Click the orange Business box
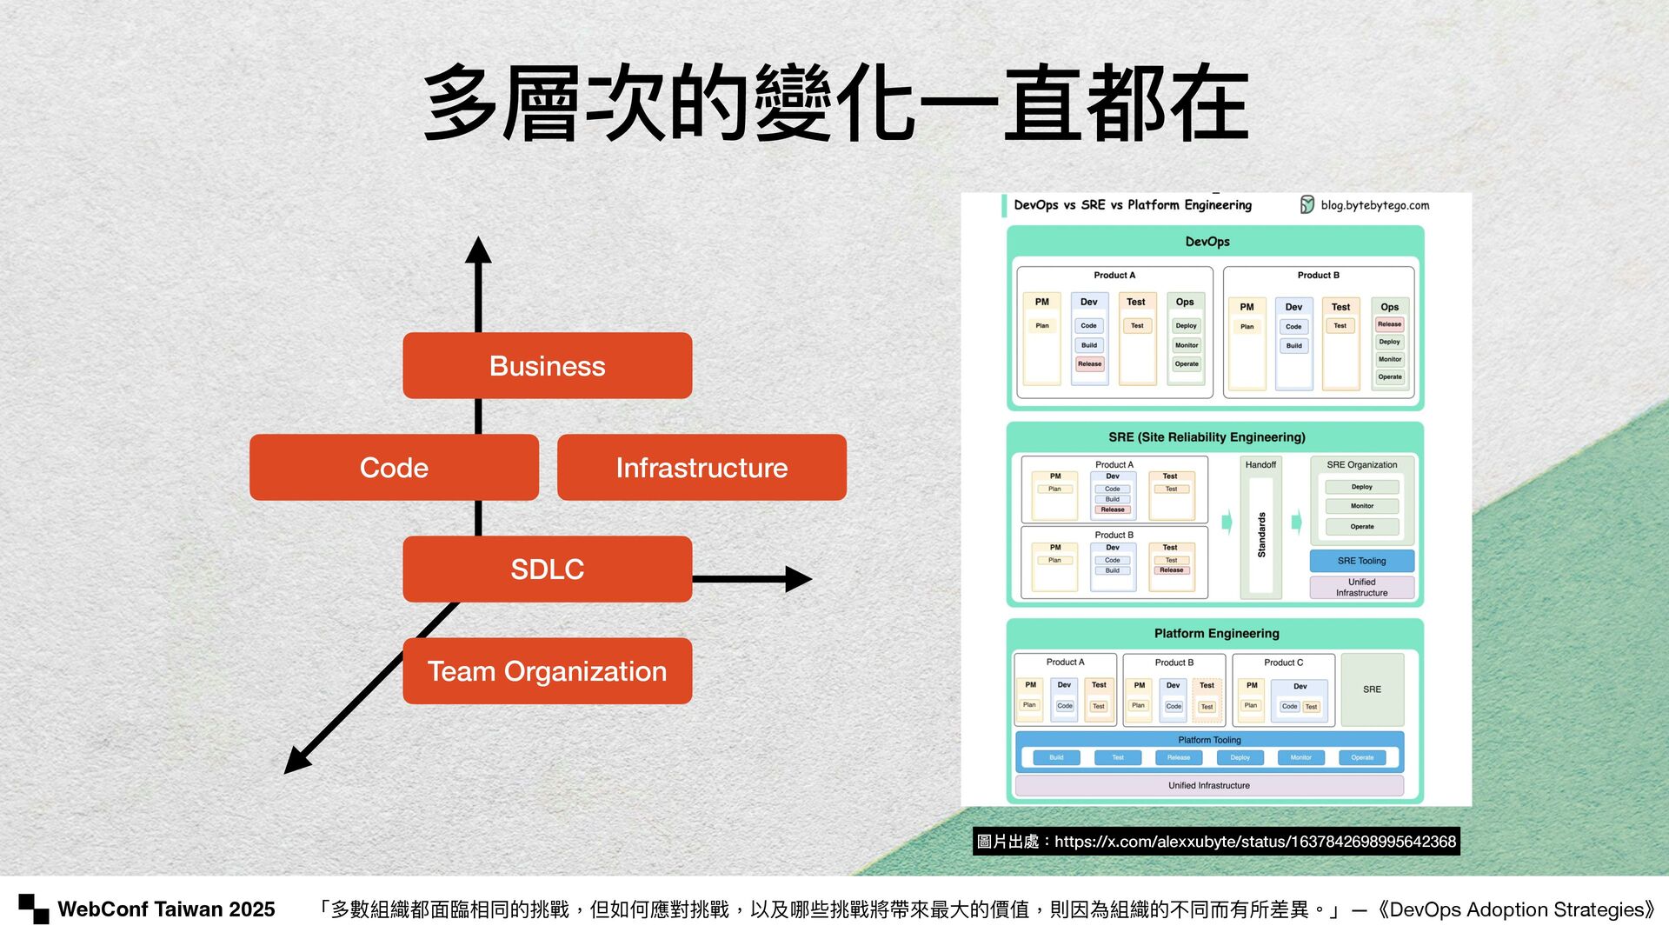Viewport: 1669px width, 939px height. tap(547, 366)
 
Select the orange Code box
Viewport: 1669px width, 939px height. tap(394, 468)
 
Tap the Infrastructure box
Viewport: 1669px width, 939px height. tap(702, 468)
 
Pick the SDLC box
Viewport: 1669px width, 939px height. tap(547, 569)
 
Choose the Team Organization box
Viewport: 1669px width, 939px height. tap(547, 671)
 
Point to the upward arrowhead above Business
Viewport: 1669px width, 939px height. tap(478, 250)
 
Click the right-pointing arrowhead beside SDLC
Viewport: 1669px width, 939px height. tap(797, 579)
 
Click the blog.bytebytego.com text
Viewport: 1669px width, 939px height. tap(1374, 205)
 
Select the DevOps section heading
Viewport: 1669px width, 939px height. tap(1207, 242)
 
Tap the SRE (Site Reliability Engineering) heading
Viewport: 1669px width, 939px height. tap(1207, 437)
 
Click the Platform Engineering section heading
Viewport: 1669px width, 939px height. tap(1216, 634)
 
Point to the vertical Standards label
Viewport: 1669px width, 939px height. tap(1261, 535)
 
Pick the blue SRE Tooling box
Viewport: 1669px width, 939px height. tap(1361, 561)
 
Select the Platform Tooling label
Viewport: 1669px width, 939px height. tap(1209, 740)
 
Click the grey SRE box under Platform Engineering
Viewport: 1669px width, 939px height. tap(1372, 689)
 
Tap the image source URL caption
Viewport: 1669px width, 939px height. tap(1216, 842)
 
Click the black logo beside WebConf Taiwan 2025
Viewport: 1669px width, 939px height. tap(34, 909)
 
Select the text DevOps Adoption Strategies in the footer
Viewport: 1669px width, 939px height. tap(1521, 909)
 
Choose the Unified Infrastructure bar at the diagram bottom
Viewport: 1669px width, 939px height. tap(1208, 785)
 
